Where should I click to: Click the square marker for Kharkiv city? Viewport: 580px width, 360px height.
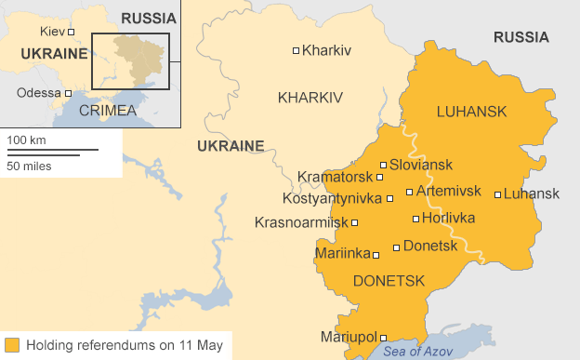[297, 50]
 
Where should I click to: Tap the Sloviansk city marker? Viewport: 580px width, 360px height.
[383, 165]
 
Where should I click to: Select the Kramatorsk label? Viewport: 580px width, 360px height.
[336, 177]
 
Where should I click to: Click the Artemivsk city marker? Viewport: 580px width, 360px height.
[409, 192]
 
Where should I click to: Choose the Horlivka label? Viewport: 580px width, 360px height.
[448, 219]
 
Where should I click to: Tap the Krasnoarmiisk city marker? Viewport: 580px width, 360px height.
[355, 222]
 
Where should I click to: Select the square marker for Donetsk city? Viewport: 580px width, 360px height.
[397, 247]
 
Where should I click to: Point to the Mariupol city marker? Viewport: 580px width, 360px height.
[383, 338]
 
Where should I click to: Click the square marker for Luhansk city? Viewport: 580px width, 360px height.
[498, 194]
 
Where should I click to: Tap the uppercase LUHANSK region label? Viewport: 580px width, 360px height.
[471, 112]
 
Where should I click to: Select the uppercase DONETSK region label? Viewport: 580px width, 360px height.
[389, 280]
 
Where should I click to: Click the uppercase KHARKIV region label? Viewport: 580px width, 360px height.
[310, 97]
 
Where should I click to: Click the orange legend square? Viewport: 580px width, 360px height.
[11, 345]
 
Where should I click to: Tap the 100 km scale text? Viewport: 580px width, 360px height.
[27, 140]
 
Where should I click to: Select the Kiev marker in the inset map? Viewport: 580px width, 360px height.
[70, 33]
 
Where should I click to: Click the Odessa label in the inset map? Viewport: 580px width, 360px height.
[38, 92]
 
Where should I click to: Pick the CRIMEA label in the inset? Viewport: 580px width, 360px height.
[108, 110]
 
